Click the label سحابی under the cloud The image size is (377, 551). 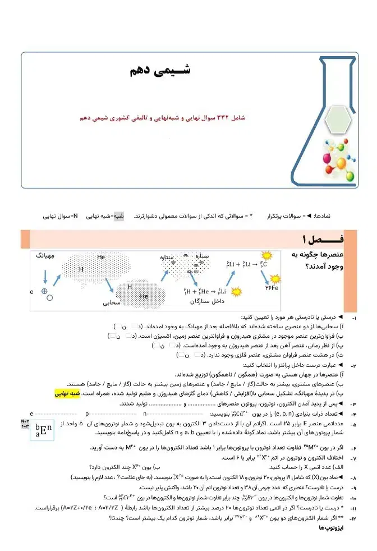[112, 303]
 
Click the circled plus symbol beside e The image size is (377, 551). [44, 291]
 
